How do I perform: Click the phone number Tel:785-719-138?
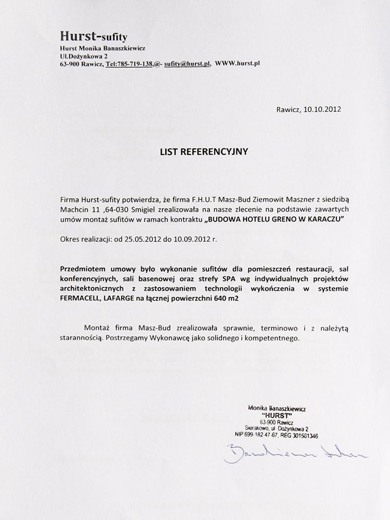point(128,63)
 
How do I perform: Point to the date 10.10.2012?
point(322,110)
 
